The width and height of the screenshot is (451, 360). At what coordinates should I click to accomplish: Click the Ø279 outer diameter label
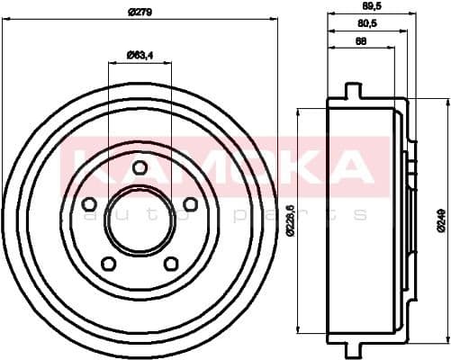[140, 11]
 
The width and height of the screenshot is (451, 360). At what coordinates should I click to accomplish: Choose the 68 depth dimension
[360, 41]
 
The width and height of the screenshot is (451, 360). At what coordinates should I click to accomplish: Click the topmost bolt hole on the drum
[140, 166]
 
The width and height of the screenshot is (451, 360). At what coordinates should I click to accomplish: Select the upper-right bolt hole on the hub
[190, 204]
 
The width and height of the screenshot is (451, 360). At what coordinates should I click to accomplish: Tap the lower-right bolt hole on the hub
[171, 264]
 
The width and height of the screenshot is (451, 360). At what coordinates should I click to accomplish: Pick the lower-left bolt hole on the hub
[109, 264]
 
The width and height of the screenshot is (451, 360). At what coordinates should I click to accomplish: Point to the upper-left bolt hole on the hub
[89, 204]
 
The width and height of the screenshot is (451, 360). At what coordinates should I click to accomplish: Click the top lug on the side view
[353, 91]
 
